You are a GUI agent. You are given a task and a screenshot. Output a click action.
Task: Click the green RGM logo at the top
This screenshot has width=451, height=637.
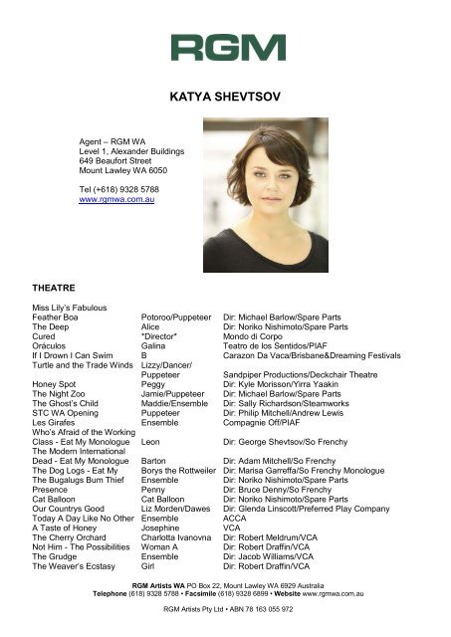click(x=228, y=47)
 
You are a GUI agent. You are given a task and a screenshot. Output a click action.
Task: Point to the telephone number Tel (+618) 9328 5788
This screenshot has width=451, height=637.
click(x=117, y=188)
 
